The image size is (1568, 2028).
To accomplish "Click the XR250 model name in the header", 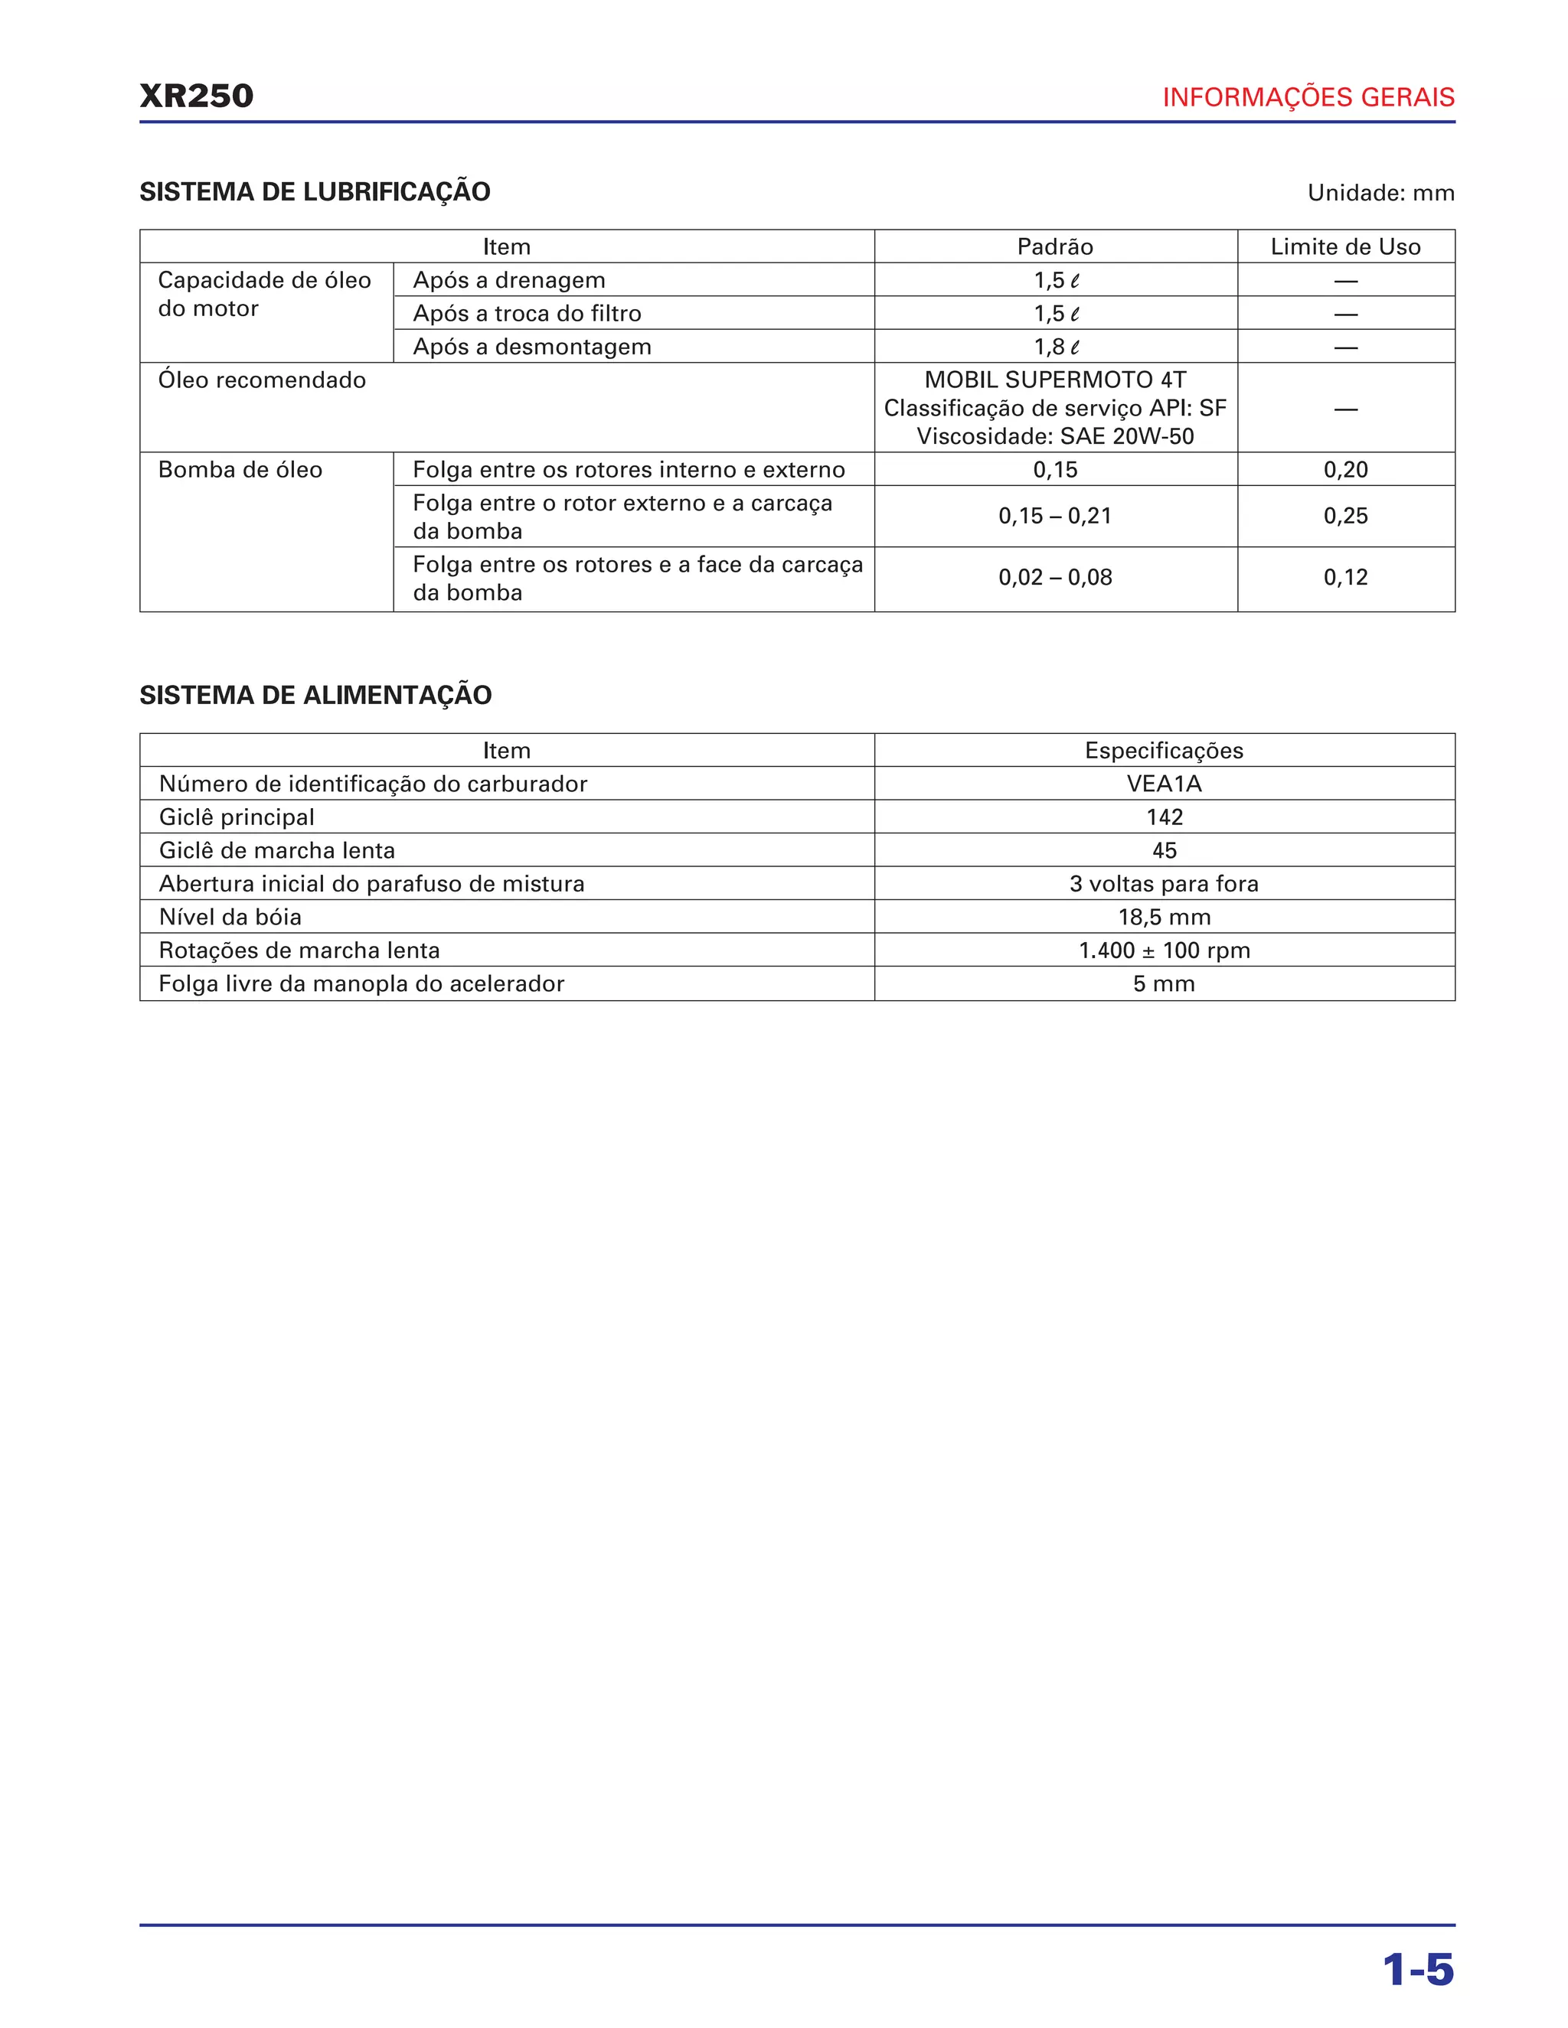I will tap(196, 96).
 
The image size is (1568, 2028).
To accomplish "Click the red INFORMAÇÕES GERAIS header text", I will tap(1308, 97).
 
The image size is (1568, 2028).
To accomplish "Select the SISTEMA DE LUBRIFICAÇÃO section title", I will tap(315, 192).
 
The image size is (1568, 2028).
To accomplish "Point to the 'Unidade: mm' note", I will tap(1380, 193).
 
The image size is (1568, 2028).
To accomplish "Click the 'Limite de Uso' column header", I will tap(1345, 247).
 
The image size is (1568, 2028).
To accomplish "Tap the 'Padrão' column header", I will tap(1054, 247).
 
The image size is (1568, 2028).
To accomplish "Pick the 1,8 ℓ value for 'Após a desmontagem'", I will tap(1056, 347).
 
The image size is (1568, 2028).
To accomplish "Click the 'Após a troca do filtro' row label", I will tap(527, 314).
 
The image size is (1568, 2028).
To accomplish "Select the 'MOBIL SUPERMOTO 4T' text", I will tap(1055, 380).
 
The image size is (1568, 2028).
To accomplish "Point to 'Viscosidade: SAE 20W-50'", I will tap(1055, 436).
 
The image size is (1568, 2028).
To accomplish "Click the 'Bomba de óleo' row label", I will tap(240, 470).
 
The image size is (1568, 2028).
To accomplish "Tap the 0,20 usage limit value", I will tap(1345, 470).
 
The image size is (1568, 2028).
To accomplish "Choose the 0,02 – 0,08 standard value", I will tap(1055, 578).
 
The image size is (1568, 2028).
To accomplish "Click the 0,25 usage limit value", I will tap(1345, 517).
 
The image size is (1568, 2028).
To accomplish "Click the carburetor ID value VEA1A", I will tap(1164, 784).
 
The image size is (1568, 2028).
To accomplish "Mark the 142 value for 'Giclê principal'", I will tap(1164, 817).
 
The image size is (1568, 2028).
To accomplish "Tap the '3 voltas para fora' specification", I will tap(1164, 884).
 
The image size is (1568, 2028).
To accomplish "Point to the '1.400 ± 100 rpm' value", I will tap(1164, 950).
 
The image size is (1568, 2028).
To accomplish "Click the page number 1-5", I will tap(1417, 1971).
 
